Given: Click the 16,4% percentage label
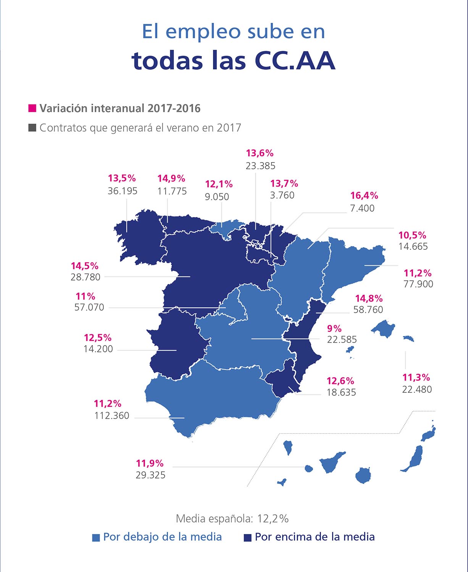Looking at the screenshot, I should (x=364, y=196).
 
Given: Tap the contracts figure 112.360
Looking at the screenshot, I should (x=112, y=416).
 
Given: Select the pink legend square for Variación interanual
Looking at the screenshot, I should (x=32, y=108).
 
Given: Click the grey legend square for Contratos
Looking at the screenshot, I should (x=32, y=127).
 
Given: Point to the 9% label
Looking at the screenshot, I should (x=334, y=329).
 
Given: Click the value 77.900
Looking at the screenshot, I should (x=418, y=284).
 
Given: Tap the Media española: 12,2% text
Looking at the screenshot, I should (x=232, y=519).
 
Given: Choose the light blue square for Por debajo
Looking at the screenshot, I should (x=96, y=538).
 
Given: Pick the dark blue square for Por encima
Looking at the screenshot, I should (x=248, y=538).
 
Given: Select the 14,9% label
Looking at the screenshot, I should (x=171, y=178).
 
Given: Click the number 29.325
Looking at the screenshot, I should (x=150, y=475).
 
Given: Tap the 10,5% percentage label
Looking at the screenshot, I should (x=412, y=235).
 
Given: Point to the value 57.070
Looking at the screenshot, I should (x=89, y=307).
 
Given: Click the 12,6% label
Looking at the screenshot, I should (x=341, y=381).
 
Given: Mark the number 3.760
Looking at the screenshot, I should (x=282, y=195).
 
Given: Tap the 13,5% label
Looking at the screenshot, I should (x=122, y=178).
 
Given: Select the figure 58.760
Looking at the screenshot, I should (x=368, y=310).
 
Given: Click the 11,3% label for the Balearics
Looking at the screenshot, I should (x=416, y=378).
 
